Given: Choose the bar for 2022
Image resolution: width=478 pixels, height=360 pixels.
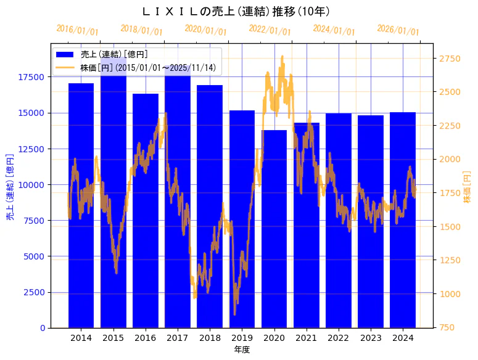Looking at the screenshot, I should coord(339,222).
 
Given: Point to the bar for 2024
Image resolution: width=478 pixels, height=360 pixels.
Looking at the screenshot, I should coord(403,222).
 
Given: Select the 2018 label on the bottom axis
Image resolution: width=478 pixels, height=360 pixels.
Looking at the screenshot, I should coord(210,338).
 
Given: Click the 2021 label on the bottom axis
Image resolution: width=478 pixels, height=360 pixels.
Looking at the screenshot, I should coord(306,338).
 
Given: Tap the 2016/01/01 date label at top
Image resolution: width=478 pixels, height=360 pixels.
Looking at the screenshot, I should coord(77,30).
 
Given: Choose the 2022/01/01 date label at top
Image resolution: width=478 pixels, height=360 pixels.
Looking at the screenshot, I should coord(270,30).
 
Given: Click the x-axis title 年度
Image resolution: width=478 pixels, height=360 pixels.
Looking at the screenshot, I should coord(242,350).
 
